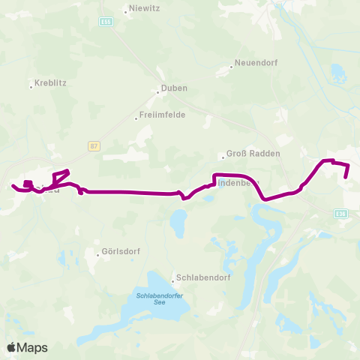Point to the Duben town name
coord(174,88)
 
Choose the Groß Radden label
coord(255,154)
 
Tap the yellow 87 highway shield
coord(93,145)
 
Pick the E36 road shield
coord(341,214)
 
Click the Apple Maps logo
coord(27,347)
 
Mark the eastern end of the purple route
coord(347,177)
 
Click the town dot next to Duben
coord(157,93)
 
